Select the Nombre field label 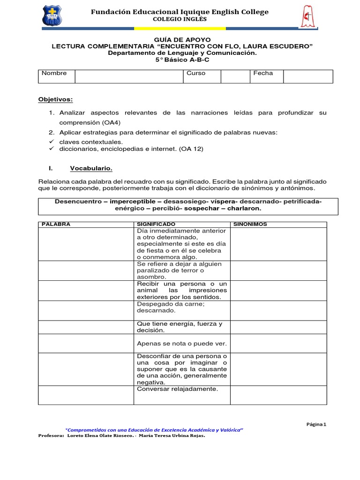(x=54, y=73)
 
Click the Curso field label (x=196, y=73)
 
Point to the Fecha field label (x=263, y=73)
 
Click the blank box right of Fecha (x=307, y=76)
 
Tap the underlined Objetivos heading (x=55, y=99)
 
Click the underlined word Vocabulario (x=91, y=168)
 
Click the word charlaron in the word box (x=243, y=208)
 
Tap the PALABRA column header (x=56, y=225)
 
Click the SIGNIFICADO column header (x=156, y=225)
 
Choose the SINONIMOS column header (x=250, y=225)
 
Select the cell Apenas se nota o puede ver (x=181, y=344)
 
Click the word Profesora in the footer (x=51, y=435)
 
